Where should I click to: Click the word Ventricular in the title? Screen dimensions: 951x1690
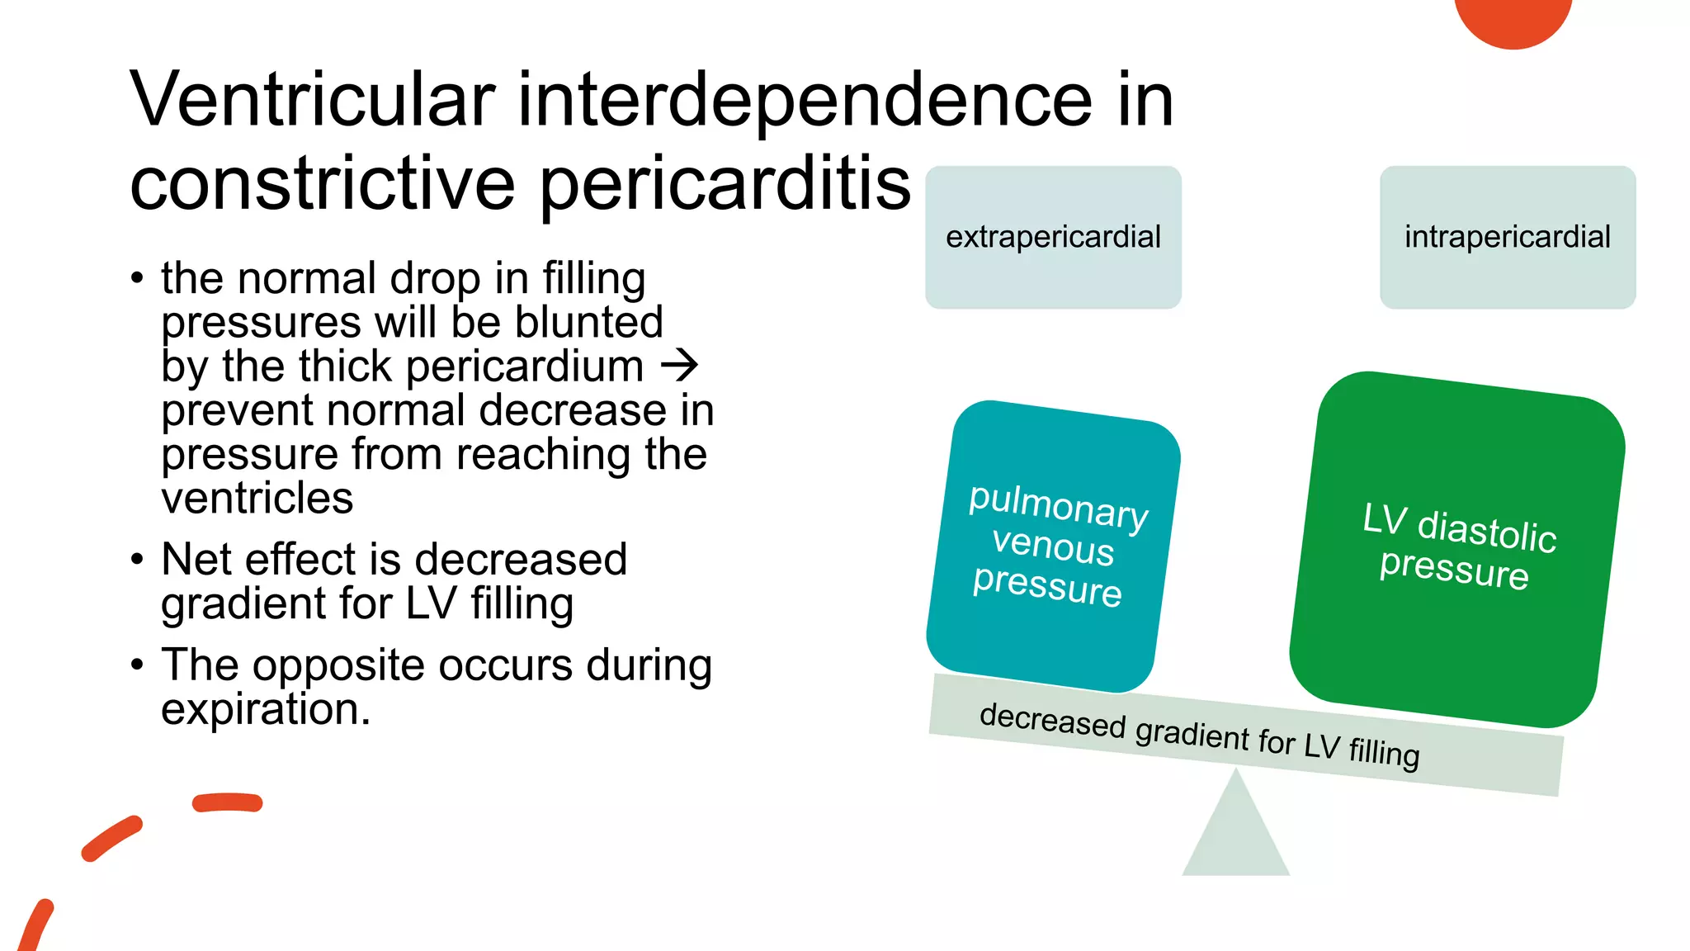pyautogui.click(x=312, y=101)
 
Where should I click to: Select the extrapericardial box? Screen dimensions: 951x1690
pyautogui.click(x=1053, y=238)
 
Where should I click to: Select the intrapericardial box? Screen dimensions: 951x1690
pyautogui.click(x=1507, y=238)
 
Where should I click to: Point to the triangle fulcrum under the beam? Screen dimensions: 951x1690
pyautogui.click(x=1235, y=834)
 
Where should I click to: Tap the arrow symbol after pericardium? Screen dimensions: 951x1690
pyautogui.click(x=680, y=366)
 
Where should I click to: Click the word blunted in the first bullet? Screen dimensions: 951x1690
pyautogui.click(x=589, y=322)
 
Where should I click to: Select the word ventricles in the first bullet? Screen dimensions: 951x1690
pyautogui.click(x=257, y=499)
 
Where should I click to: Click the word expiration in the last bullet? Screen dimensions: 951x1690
pyautogui.click(x=266, y=709)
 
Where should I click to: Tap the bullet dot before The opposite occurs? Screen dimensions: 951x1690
pyautogui.click(x=137, y=665)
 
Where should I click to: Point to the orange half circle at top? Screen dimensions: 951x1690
pyautogui.click(x=1513, y=18)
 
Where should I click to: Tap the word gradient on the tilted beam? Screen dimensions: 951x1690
pyautogui.click(x=1192, y=733)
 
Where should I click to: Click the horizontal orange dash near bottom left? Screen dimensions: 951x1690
pyautogui.click(x=228, y=802)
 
